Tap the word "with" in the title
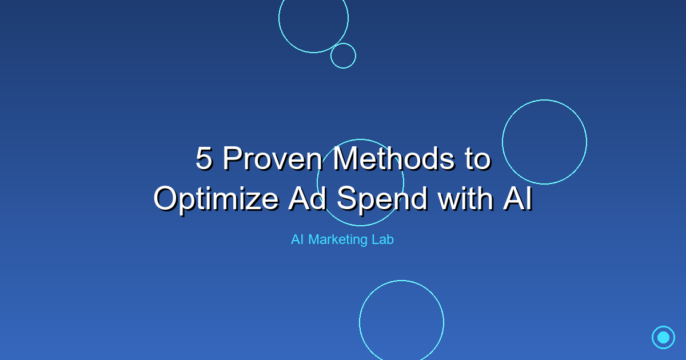click(463, 198)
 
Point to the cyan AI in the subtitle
click(297, 239)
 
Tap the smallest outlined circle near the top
click(343, 55)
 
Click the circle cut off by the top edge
click(313, 20)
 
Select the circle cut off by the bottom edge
click(401, 321)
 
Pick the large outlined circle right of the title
click(544, 142)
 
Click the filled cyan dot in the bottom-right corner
click(663, 337)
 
